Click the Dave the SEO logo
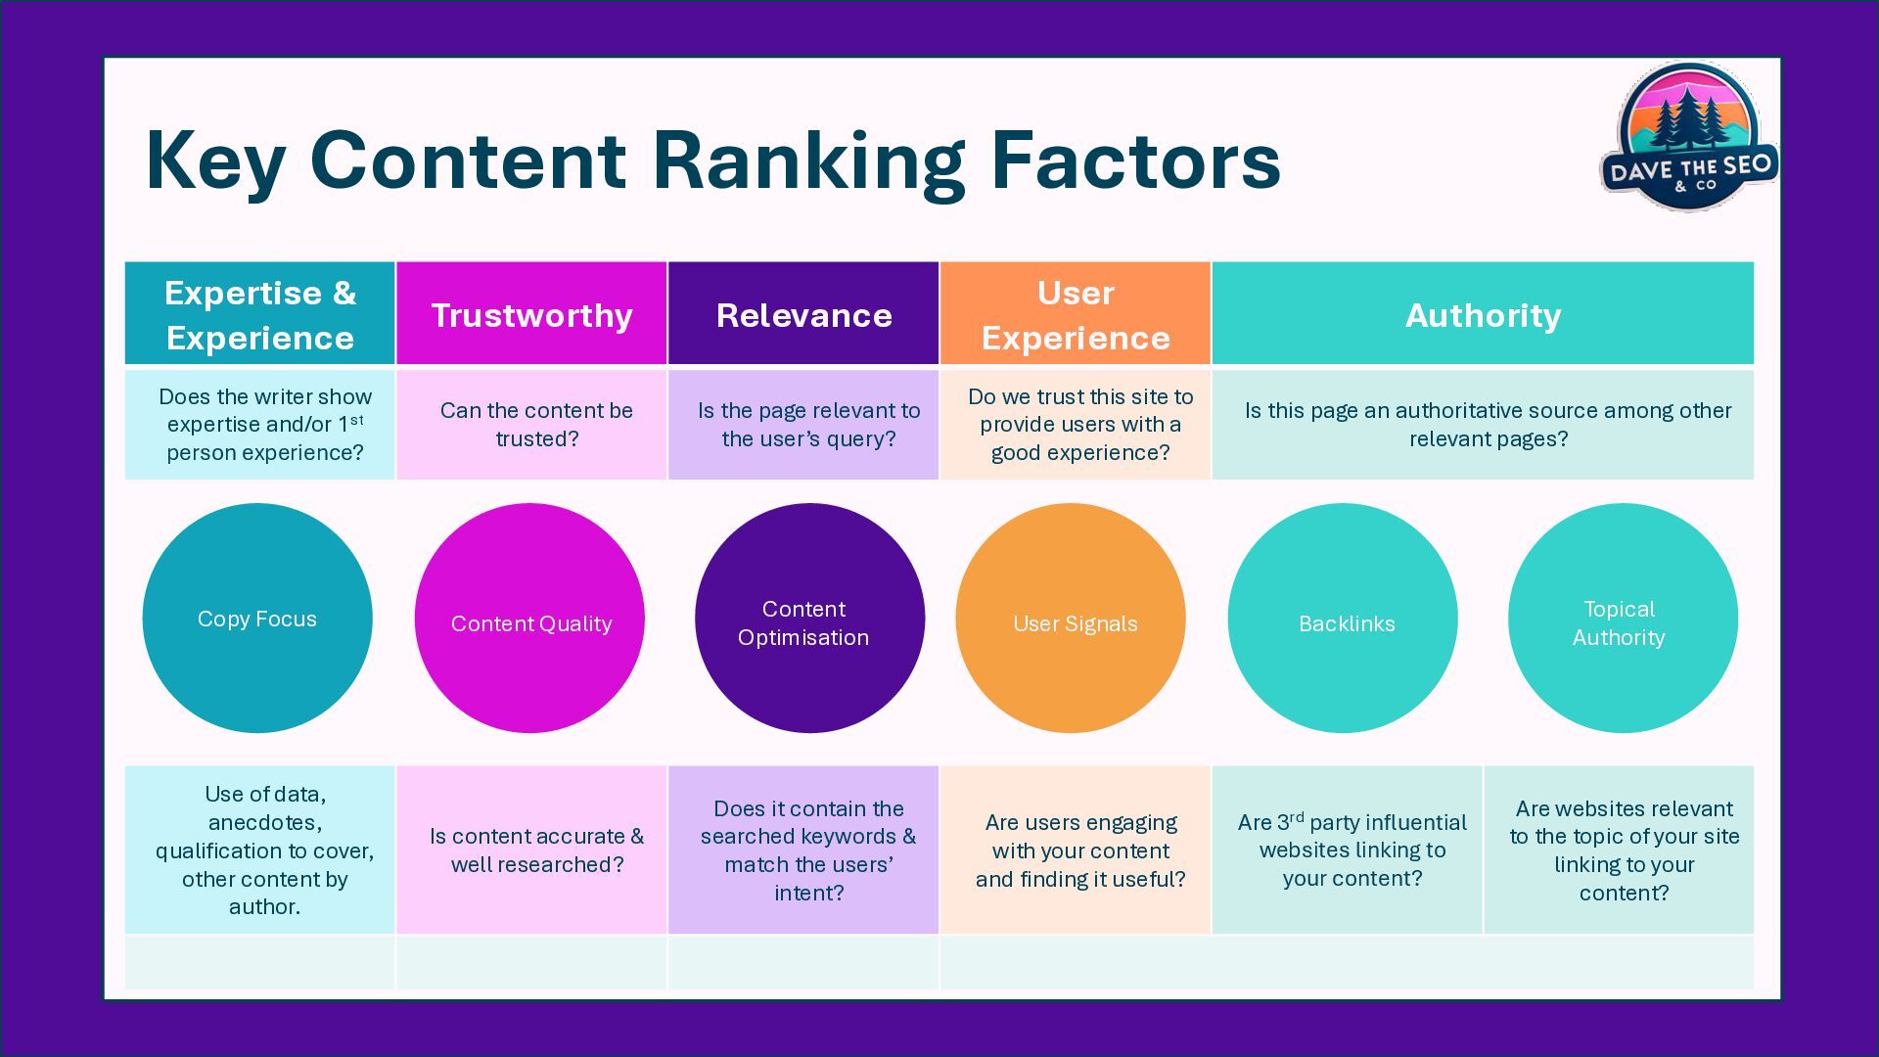tap(1689, 137)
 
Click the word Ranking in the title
tap(808, 162)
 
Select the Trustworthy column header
tap(531, 314)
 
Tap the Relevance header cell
tap(803, 314)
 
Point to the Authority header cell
tap(1483, 314)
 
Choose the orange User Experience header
tap(1076, 314)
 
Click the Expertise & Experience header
tap(260, 314)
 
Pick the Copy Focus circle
tap(257, 618)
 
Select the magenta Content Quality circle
tap(529, 618)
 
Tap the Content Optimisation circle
tap(809, 618)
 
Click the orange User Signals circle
tap(1071, 618)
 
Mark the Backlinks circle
tap(1343, 618)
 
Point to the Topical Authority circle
tap(1623, 618)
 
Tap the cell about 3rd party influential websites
tap(1348, 850)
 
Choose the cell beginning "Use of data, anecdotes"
tap(260, 850)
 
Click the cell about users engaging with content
tap(1076, 850)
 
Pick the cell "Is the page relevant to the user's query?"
tap(803, 425)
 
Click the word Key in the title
tap(215, 162)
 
